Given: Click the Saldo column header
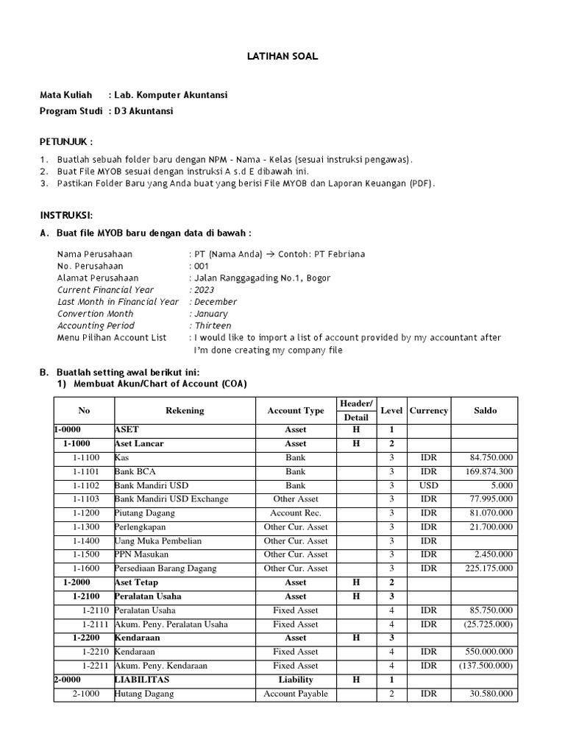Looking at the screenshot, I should point(486,411).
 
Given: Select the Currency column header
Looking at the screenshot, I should point(429,411).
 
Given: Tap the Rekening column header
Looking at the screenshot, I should point(185,411).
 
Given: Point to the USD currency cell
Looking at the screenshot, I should point(428,485).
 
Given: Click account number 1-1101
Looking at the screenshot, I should point(86,471).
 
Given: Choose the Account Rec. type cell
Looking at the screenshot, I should point(296,513).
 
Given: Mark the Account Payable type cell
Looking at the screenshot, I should point(296,694).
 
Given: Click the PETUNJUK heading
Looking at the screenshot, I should point(66,142).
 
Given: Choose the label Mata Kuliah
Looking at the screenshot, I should point(65,96).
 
